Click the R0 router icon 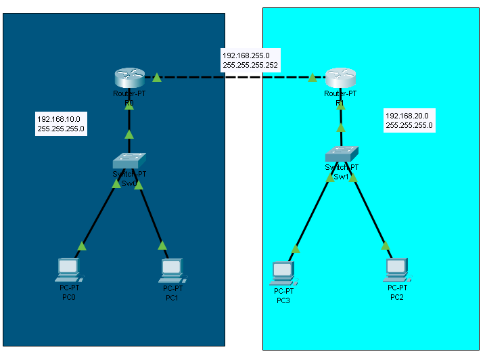pos(129,78)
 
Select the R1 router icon pos(340,78)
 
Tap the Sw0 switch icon pos(129,160)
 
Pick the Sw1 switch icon pos(342,154)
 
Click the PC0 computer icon pos(68,270)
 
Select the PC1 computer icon pos(172,270)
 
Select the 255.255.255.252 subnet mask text pos(250,65)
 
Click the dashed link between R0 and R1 pos(233,77)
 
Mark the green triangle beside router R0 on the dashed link pos(157,78)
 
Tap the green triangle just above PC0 pos(82,246)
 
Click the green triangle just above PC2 pos(385,246)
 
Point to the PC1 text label pos(172,297)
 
